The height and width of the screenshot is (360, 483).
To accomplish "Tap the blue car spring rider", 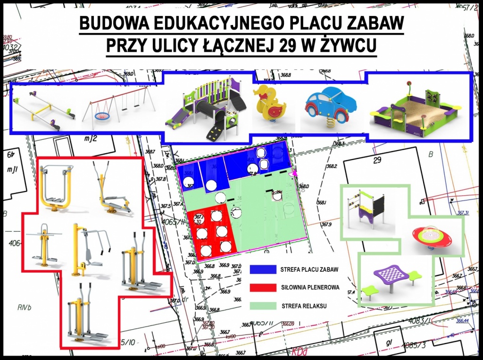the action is pyautogui.click(x=330, y=105).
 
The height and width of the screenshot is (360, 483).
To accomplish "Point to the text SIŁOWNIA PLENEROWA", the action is pyautogui.click(x=310, y=287).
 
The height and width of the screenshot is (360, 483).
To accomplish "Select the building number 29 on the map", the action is pyautogui.click(x=377, y=160).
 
